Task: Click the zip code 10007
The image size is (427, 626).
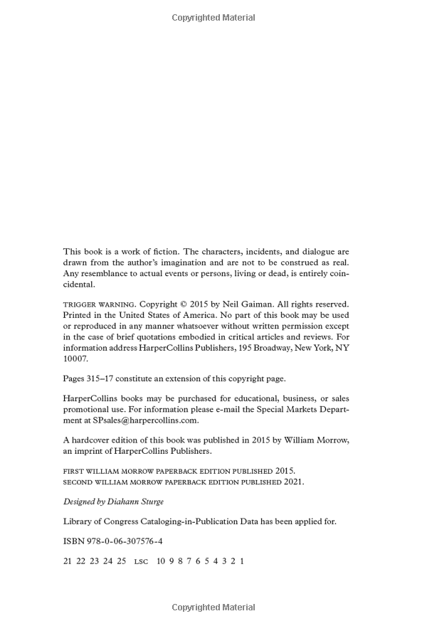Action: (75, 359)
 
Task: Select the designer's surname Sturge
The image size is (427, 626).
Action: (149, 502)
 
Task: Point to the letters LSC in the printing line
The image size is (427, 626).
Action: (141, 561)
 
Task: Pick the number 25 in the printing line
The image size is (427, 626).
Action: (121, 561)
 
